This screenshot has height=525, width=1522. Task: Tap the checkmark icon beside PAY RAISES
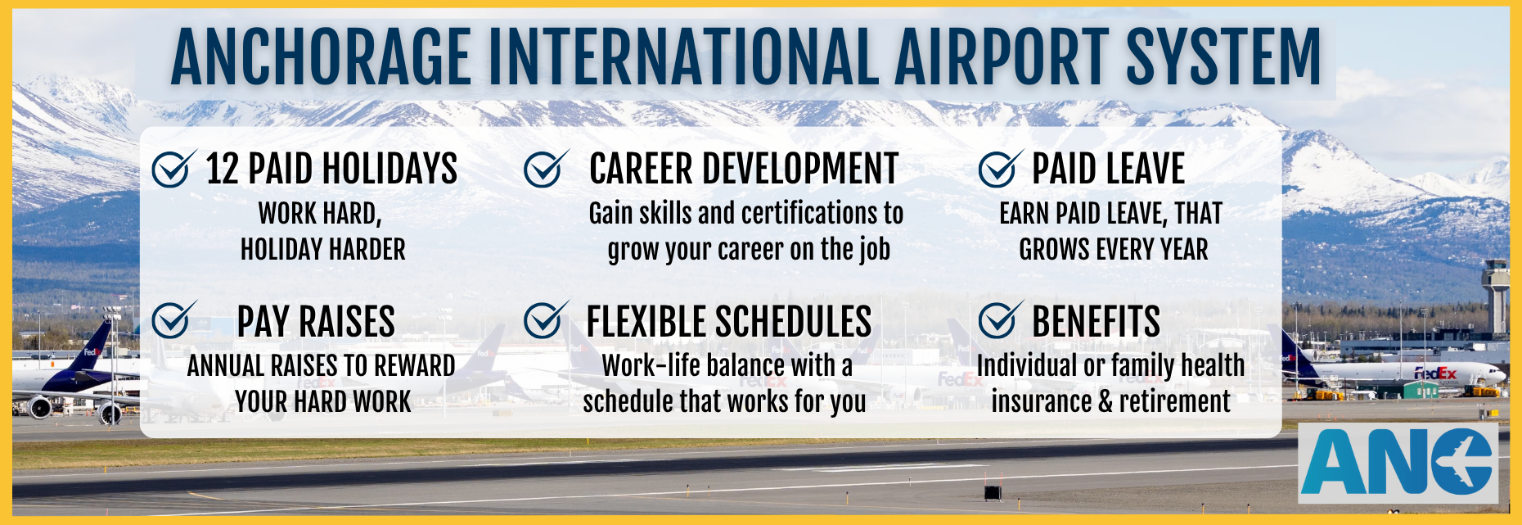coord(174,319)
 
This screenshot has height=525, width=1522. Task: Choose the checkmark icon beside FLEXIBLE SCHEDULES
coord(546,319)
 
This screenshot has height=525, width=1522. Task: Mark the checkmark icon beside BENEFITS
coord(1000,319)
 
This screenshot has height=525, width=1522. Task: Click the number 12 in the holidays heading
coord(221,169)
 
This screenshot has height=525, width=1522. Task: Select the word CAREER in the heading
coord(642,169)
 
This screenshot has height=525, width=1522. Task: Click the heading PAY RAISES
coord(316,321)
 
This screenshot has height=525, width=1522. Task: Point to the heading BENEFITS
coord(1096,321)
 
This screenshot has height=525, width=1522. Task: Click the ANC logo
coord(1398,462)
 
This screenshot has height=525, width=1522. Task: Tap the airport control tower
coord(1497,296)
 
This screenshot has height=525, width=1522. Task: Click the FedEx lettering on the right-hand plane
coord(1435,373)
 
